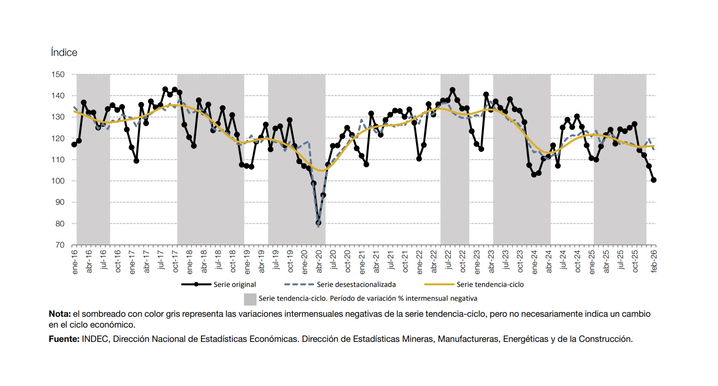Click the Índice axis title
64,52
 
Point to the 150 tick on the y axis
58,74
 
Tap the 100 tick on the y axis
58,181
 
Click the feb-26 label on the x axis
654,261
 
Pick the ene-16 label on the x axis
75,261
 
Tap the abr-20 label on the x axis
319,261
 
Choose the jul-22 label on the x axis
448,260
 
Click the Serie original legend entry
234,285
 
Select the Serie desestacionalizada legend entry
356,285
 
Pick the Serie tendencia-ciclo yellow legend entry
490,285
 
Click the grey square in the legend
250,299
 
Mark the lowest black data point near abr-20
318,223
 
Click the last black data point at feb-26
654,180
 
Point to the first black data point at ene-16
74,145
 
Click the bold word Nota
59,314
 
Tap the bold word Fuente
64,339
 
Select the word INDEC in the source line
95,339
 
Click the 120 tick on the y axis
58,138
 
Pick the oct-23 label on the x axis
520,261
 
